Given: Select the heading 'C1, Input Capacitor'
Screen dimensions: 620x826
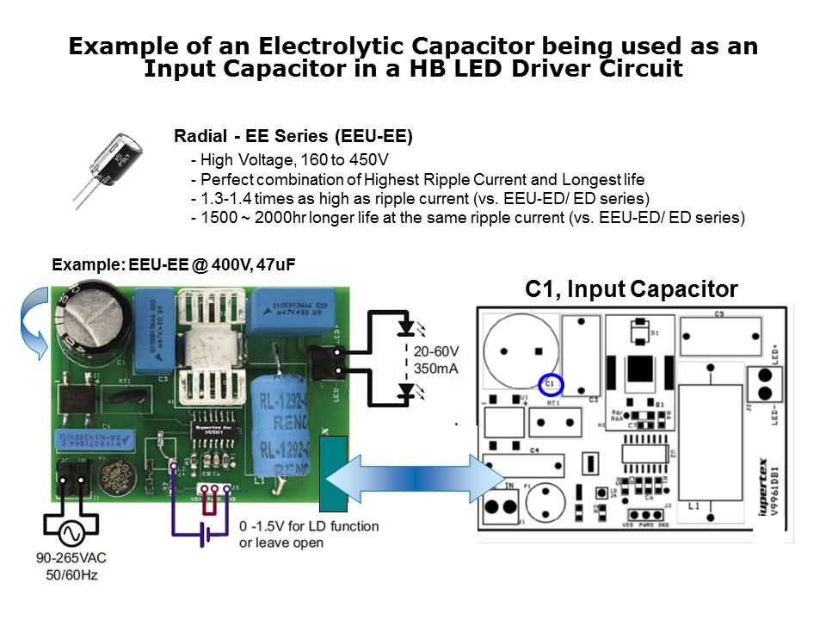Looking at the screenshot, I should coord(631,290).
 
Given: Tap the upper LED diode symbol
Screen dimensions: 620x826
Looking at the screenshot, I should coord(407,329).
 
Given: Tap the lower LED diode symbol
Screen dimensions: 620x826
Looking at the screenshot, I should coord(407,392).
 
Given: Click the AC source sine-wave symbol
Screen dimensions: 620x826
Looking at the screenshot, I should coord(71,534).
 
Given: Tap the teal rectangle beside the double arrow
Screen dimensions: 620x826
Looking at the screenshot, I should coord(332,474).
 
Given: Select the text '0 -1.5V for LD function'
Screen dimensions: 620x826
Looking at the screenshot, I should coord(308,525).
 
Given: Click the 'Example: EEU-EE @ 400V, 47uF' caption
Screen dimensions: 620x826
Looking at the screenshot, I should coord(174,265).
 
